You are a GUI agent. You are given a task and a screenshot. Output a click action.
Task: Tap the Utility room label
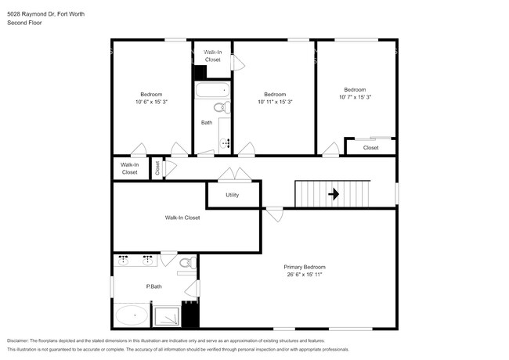coord(232,195)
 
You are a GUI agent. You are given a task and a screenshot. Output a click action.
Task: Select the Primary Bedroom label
coord(304,267)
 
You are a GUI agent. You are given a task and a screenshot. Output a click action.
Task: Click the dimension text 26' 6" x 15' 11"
coord(304,275)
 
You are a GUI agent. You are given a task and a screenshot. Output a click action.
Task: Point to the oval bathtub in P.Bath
coord(132,316)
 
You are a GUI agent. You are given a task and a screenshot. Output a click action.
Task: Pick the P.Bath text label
coord(154,286)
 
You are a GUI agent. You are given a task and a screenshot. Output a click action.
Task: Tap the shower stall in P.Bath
coord(166,315)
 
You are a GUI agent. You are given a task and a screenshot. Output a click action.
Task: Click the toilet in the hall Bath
coord(222,107)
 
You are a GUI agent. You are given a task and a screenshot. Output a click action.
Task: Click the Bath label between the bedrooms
coord(206,122)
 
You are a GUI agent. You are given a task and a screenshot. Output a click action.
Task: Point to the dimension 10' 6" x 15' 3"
coord(150,102)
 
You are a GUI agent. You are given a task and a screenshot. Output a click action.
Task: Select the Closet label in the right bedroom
coord(370,147)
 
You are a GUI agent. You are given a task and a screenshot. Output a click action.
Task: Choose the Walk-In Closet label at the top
coord(213,56)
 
